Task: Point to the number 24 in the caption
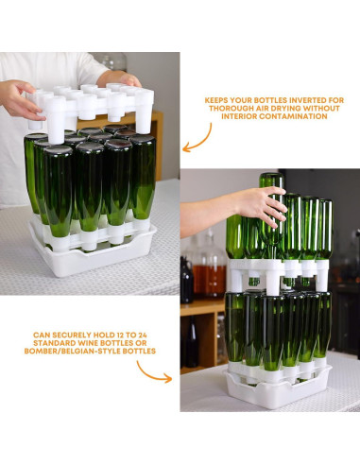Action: (x=142, y=335)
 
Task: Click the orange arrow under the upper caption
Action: (x=198, y=139)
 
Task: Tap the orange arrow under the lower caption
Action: (x=153, y=372)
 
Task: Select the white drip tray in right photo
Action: (x=277, y=387)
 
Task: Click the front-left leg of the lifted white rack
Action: (x=56, y=121)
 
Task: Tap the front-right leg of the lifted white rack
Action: (x=145, y=113)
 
